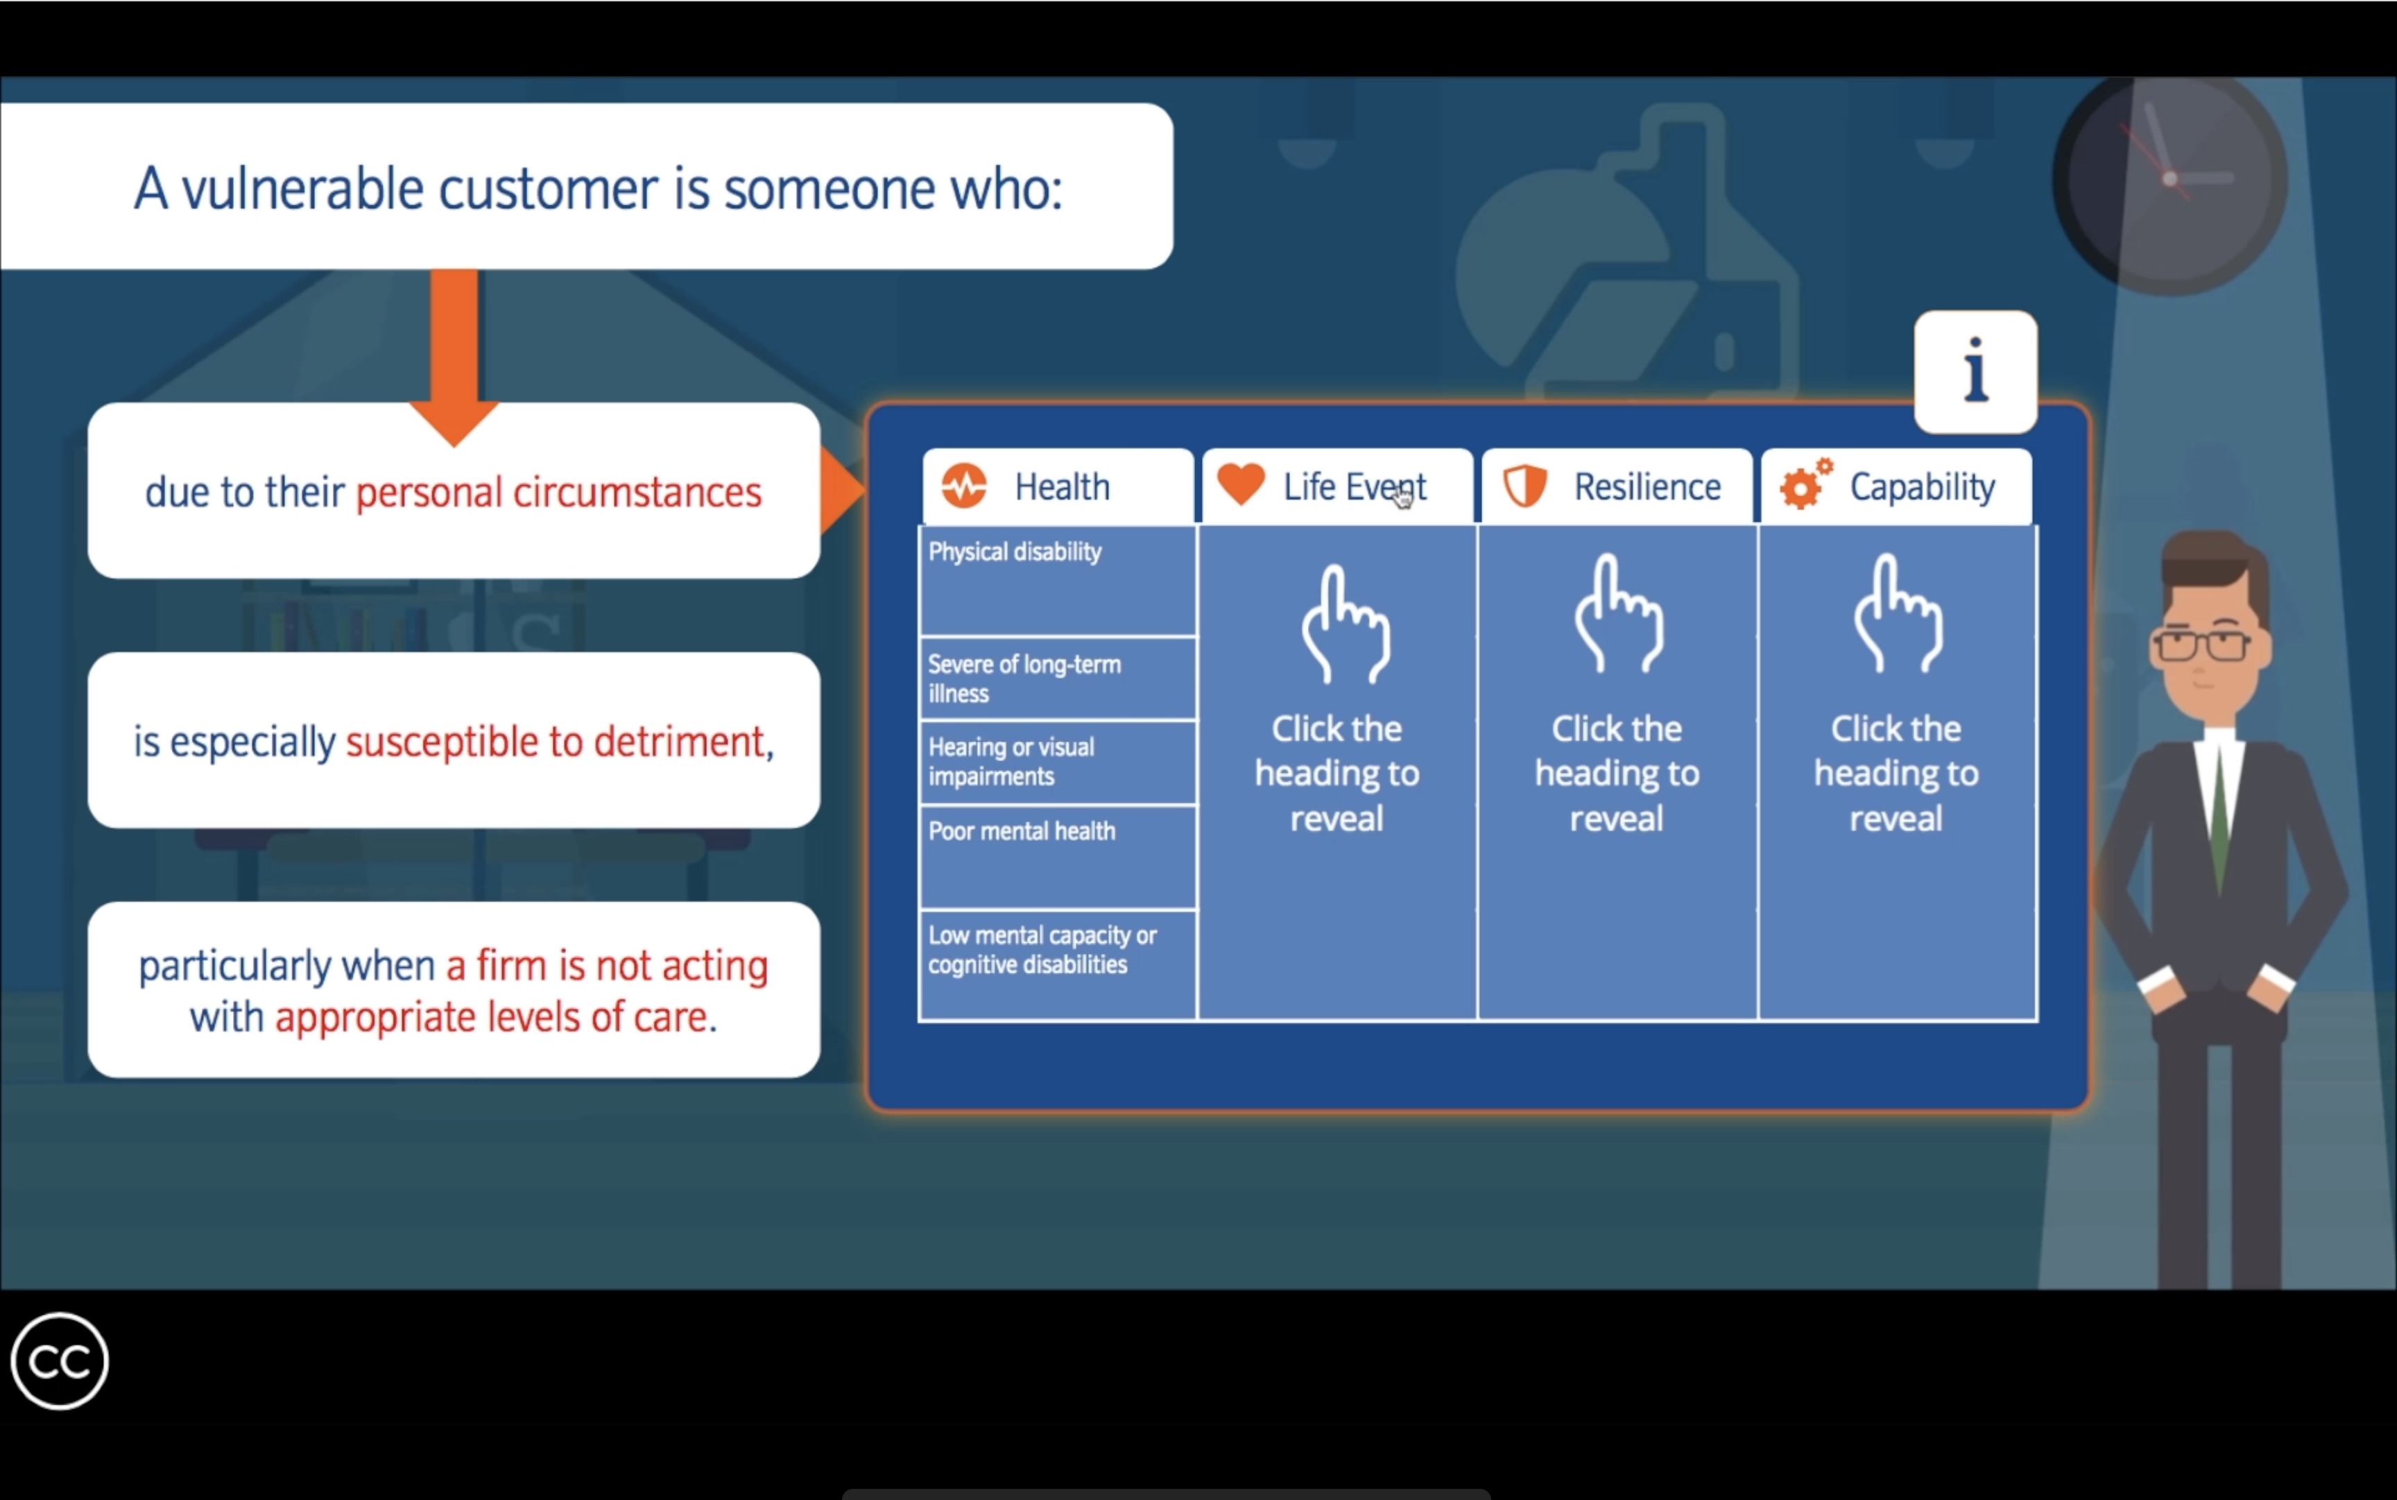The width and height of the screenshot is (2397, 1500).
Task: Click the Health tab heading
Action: click(x=1058, y=486)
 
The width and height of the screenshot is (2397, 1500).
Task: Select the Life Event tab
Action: click(x=1338, y=486)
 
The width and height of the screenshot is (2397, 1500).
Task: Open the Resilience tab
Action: click(x=1617, y=486)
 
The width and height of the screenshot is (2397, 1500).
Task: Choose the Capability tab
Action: click(x=1896, y=486)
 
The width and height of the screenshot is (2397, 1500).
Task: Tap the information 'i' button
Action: click(x=1975, y=372)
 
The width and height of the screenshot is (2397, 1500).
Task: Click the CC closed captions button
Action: click(x=60, y=1361)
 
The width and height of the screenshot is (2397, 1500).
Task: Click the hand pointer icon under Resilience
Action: click(x=1617, y=614)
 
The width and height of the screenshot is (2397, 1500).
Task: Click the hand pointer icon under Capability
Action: click(x=1897, y=614)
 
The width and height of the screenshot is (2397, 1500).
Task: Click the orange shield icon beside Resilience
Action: click(x=1525, y=486)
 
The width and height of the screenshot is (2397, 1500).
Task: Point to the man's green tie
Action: click(x=2219, y=824)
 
